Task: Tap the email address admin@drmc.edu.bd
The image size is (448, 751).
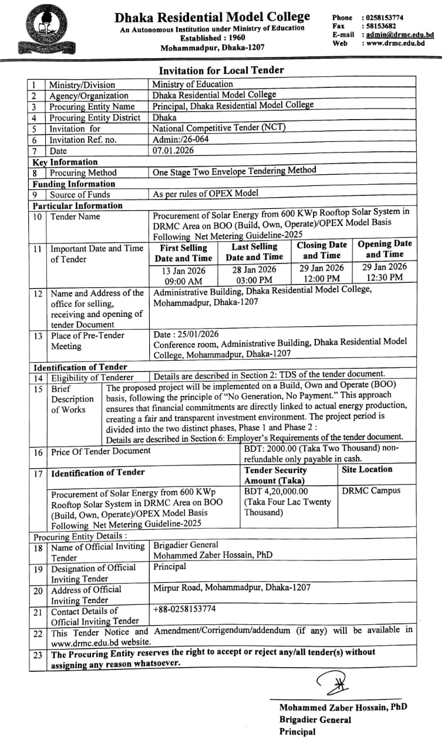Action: pyautogui.click(x=400, y=35)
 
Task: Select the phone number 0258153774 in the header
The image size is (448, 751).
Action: pyautogui.click(x=385, y=18)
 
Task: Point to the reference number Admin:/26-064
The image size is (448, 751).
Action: pyautogui.click(x=180, y=139)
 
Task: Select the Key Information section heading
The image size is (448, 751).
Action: pyautogui.click(x=65, y=162)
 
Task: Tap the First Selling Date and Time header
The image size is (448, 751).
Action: pyautogui.click(x=184, y=253)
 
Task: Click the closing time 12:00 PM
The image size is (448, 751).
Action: pyautogui.click(x=322, y=279)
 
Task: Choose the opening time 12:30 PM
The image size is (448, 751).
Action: pyautogui.click(x=385, y=278)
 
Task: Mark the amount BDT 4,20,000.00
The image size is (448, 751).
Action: pyautogui.click(x=276, y=491)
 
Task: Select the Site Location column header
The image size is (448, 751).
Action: pyautogui.click(x=367, y=469)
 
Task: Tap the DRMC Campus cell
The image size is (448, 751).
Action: pyautogui.click(x=371, y=490)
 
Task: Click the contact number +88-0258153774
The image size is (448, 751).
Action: pyautogui.click(x=184, y=609)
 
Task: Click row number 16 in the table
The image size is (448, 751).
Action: pyautogui.click(x=38, y=452)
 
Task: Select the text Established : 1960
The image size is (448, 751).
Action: pyautogui.click(x=212, y=38)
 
